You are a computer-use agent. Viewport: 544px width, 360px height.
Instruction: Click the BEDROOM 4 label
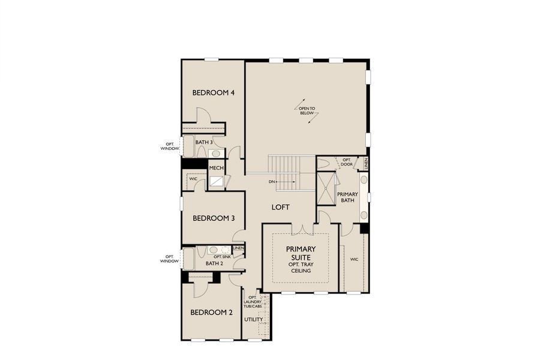point(213,93)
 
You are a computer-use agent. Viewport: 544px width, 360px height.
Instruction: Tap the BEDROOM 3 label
point(213,218)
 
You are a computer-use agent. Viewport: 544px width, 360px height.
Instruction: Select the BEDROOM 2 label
point(211,313)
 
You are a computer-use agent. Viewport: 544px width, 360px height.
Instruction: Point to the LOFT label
point(280,208)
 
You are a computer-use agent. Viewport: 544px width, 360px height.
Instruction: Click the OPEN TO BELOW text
point(307,111)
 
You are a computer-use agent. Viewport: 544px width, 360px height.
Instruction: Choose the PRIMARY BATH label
point(347,197)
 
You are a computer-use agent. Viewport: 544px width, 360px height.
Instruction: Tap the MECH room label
point(216,168)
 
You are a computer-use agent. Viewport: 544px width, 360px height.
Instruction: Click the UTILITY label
point(253,319)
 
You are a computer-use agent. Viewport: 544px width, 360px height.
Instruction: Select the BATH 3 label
point(204,142)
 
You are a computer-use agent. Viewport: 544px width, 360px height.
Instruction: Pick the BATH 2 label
point(214,263)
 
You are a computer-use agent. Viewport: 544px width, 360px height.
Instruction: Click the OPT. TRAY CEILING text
point(301,267)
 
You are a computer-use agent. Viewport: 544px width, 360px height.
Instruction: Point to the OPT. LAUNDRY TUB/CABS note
point(253,302)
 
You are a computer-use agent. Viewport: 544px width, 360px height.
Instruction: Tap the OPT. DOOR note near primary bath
point(347,162)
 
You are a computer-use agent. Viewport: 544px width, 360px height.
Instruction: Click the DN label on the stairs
point(272,181)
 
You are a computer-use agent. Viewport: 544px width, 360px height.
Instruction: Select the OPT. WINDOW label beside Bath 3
point(170,146)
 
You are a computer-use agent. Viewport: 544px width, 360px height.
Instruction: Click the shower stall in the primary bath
point(326,189)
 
